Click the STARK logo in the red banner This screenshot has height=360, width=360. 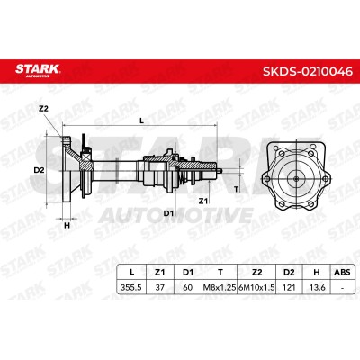pyautogui.click(x=38, y=69)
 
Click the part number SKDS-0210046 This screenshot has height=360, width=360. pyautogui.click(x=308, y=72)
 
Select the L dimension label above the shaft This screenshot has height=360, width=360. pyautogui.click(x=142, y=121)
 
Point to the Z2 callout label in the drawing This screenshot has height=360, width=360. pyautogui.click(x=43, y=109)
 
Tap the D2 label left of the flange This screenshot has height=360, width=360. pyautogui.click(x=39, y=170)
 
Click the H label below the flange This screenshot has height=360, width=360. pyautogui.click(x=67, y=225)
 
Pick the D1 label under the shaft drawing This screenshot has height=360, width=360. pyautogui.click(x=168, y=213)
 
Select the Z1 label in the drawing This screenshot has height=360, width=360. pyautogui.click(x=203, y=201)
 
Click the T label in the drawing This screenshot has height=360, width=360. pyautogui.click(x=237, y=189)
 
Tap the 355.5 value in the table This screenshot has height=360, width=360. pyautogui.click(x=130, y=287)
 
